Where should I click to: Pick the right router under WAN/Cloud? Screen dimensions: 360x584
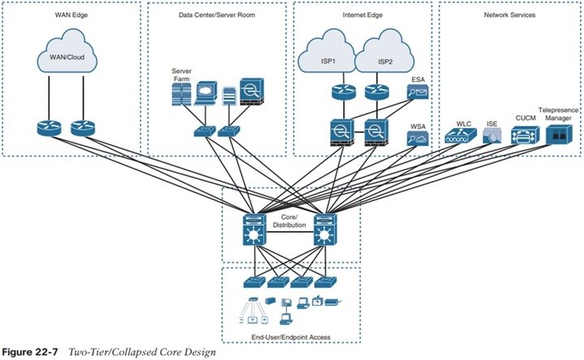tap(84, 127)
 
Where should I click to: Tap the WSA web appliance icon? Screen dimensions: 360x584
tap(419, 138)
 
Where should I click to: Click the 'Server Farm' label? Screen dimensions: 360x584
tap(180, 74)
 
